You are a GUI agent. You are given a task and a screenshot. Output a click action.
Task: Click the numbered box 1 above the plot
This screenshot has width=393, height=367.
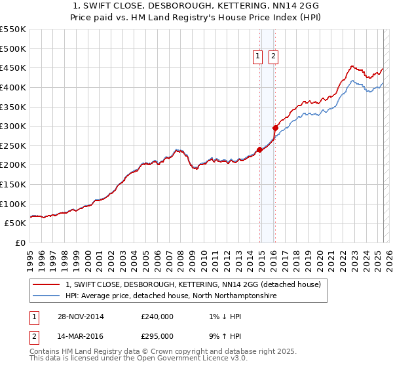[x=258, y=57]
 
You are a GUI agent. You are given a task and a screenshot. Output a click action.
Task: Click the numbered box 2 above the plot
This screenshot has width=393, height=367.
[x=272, y=57]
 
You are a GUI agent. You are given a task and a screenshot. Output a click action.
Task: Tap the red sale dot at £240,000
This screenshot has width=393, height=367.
[x=259, y=149]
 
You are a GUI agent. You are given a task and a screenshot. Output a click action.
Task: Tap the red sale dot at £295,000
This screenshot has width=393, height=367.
[x=275, y=128]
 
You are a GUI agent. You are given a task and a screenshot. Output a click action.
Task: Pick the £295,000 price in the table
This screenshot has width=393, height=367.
[x=157, y=336]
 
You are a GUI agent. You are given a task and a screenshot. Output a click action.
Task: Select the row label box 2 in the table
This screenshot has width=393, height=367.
[x=33, y=336]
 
